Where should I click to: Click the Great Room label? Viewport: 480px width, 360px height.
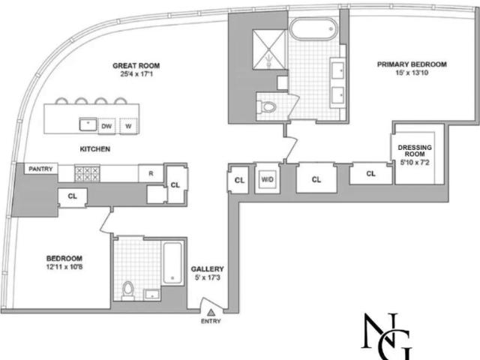click(136, 65)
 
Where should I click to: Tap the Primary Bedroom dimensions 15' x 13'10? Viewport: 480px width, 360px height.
click(412, 73)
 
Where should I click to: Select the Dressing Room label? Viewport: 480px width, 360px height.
click(415, 151)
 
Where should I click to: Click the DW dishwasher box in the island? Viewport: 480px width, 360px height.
click(106, 126)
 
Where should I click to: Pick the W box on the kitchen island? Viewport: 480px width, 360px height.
click(128, 126)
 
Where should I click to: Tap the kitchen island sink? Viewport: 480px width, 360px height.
click(88, 124)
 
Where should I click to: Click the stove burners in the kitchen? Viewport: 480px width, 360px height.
click(88, 173)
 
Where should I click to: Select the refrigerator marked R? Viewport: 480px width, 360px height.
click(151, 173)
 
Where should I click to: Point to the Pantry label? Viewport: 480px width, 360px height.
click(40, 169)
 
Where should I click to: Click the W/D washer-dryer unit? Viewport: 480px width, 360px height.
click(268, 179)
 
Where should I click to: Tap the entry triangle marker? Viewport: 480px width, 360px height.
click(211, 313)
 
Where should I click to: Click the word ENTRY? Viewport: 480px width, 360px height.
click(211, 321)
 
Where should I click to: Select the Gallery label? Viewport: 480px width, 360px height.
click(207, 269)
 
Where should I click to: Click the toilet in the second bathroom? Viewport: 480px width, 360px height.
click(128, 290)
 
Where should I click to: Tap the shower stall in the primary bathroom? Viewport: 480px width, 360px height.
click(269, 49)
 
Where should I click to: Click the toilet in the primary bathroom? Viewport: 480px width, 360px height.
click(266, 107)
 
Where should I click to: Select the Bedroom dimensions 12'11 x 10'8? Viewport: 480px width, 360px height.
click(64, 267)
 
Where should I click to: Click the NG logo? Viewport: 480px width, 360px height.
click(387, 336)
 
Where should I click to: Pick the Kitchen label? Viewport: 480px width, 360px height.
click(95, 149)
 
